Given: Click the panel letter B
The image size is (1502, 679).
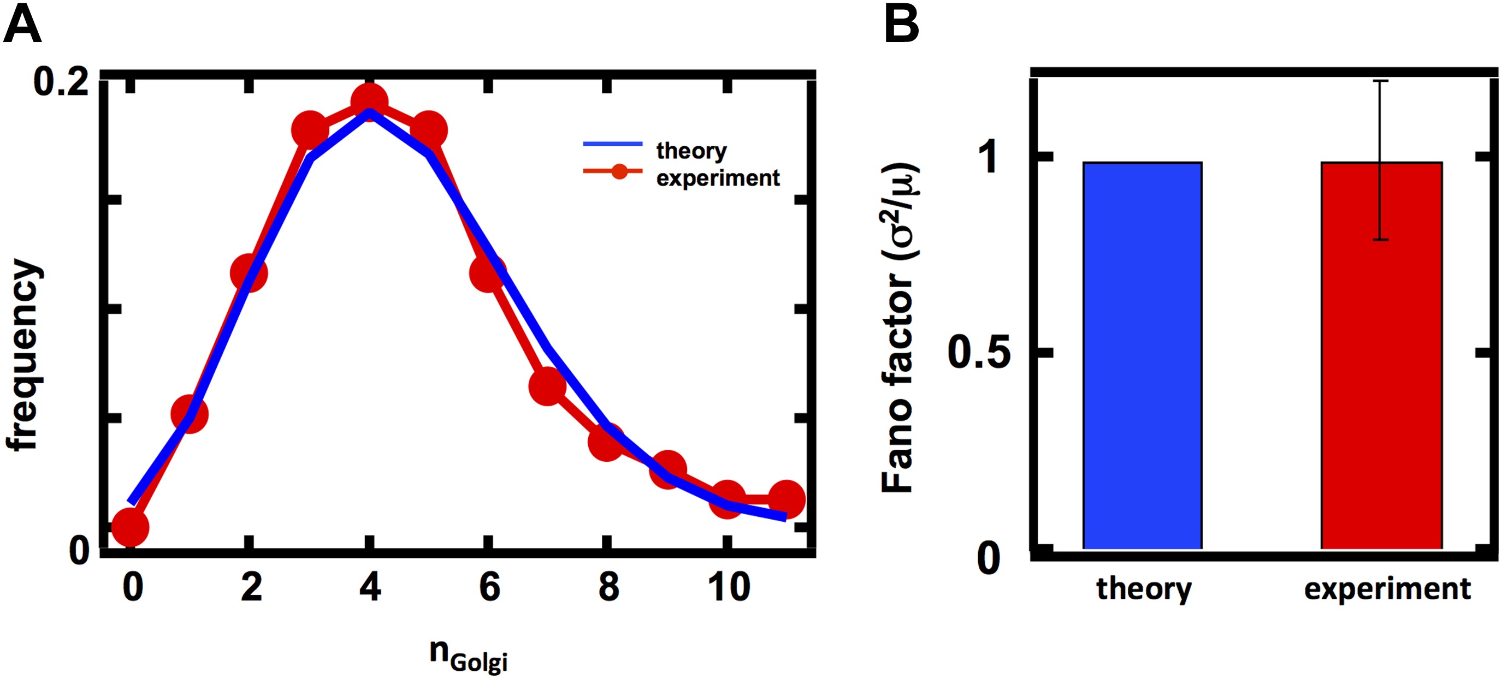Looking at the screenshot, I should pos(901,26).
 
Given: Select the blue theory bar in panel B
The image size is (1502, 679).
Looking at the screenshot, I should pos(1142,355).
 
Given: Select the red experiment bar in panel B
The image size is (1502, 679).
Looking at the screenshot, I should pos(1381,355).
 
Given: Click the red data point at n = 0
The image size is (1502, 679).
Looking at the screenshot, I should pos(130,527).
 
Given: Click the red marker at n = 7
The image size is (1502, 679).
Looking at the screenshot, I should pos(547,386).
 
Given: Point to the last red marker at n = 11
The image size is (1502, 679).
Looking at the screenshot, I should pos(787,499).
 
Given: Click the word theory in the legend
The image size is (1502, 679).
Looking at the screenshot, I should pos(691,150).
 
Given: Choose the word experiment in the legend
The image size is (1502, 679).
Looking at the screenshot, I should pos(718,178).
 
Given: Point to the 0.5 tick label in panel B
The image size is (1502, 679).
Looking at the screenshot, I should pos(979,352).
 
